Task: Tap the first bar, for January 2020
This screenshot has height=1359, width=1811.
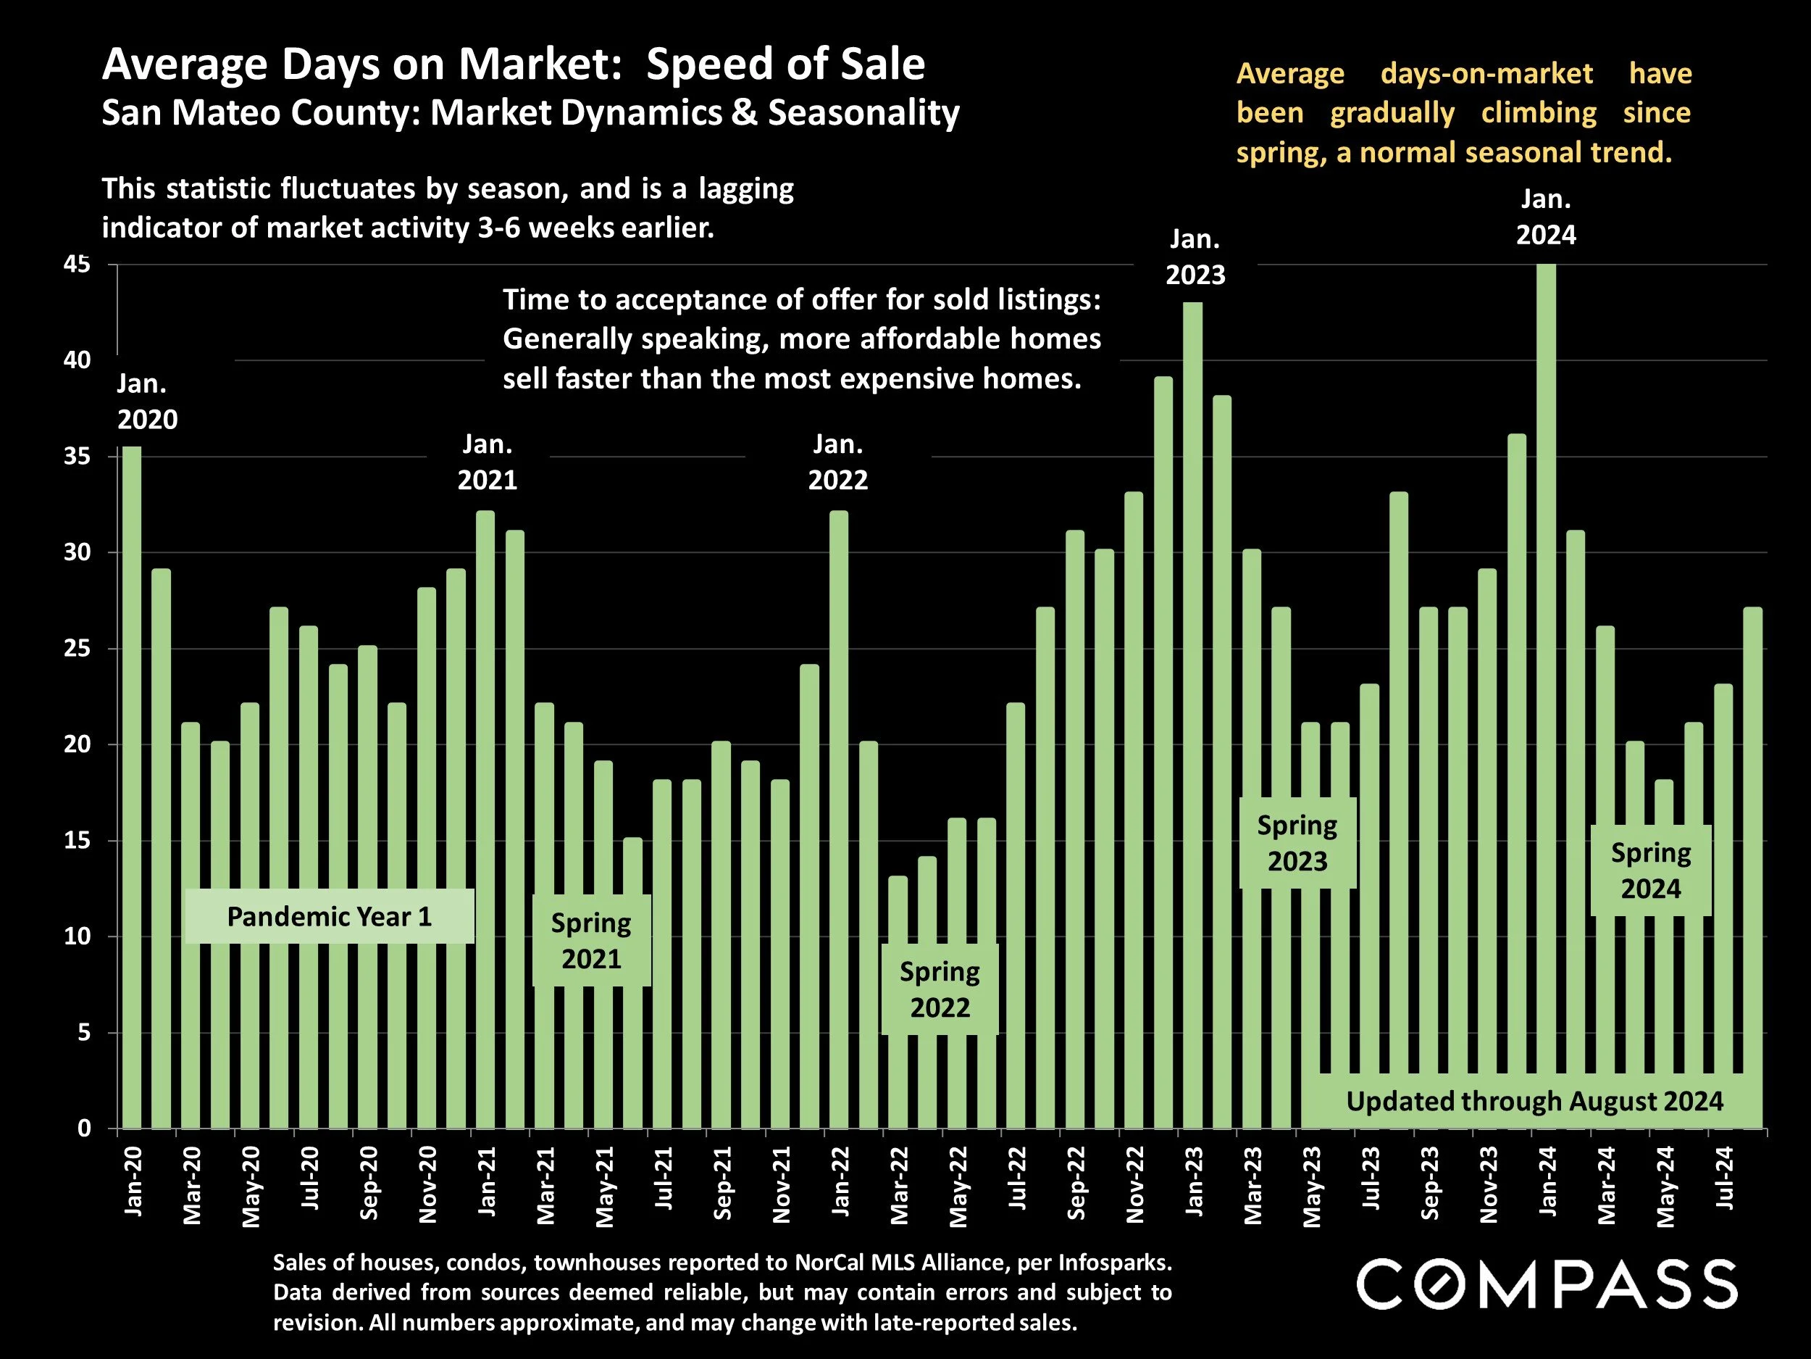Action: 132,786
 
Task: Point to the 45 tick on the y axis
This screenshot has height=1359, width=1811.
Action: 77,265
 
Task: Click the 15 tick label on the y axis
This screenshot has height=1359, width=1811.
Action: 77,841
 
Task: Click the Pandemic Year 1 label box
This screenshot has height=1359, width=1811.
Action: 329,917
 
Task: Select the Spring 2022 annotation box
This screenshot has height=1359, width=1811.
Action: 939,989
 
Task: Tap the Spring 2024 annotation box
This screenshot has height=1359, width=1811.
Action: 1649,870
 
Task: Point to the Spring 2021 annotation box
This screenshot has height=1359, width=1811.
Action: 591,940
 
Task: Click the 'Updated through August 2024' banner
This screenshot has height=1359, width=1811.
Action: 1534,1101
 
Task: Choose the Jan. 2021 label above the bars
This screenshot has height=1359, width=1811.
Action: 487,462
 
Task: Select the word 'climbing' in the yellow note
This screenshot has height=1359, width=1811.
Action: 1539,113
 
